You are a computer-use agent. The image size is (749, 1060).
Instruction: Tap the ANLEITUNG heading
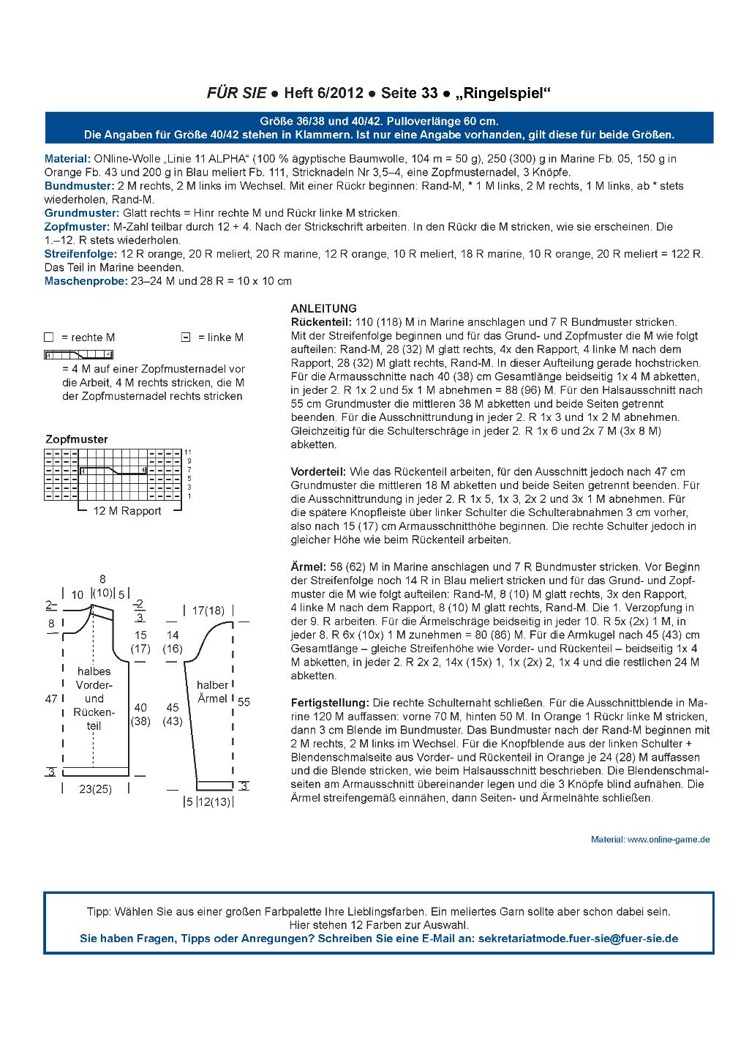(x=323, y=308)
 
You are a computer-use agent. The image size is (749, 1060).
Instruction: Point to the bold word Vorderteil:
(x=318, y=471)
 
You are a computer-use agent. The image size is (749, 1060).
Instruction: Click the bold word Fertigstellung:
(x=329, y=703)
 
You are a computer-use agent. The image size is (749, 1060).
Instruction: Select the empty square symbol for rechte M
(x=49, y=337)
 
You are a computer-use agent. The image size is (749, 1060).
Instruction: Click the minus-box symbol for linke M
(x=185, y=337)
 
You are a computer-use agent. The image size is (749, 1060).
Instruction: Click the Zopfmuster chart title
(x=76, y=439)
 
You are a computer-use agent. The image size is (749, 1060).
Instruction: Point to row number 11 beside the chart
(x=188, y=452)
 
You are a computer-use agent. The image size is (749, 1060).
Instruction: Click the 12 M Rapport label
(x=127, y=511)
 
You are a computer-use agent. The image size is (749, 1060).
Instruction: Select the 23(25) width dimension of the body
(x=95, y=789)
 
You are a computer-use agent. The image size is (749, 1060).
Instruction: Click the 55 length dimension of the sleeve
(x=244, y=701)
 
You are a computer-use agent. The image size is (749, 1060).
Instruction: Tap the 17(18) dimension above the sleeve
(x=208, y=610)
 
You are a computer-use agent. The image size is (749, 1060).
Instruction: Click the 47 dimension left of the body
(x=51, y=699)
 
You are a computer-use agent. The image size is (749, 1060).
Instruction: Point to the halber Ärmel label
(x=213, y=692)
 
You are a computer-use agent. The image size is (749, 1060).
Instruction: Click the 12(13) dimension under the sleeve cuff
(x=214, y=802)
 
